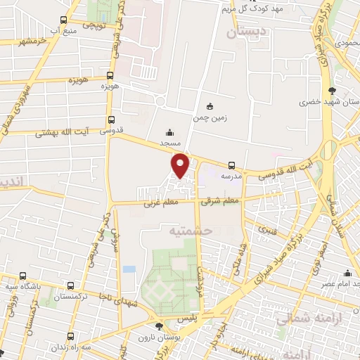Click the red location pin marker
point(181,165)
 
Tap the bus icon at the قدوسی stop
point(110,120)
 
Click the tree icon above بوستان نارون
point(159,326)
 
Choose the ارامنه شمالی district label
point(302,318)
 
